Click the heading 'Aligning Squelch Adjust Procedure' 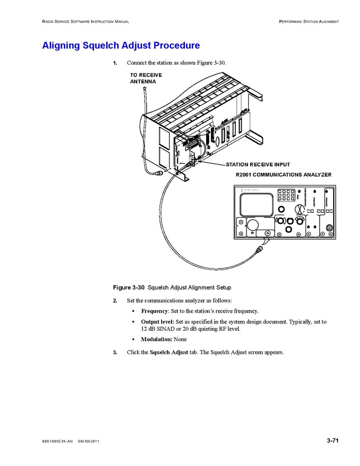121,46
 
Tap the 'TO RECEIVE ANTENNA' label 146,78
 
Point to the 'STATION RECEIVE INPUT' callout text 258,165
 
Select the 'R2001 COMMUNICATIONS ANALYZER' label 284,175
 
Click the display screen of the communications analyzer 256,204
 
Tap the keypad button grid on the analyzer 286,195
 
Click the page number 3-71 333,441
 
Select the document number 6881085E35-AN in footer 57,441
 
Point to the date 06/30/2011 89,441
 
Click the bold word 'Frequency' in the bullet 154,311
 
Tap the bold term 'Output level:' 157,322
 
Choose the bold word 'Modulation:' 156,340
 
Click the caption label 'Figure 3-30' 128,287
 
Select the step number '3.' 115,352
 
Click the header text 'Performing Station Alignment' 309,21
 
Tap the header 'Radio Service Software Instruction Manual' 85,21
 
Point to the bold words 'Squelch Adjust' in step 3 169,352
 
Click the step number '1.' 115,63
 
